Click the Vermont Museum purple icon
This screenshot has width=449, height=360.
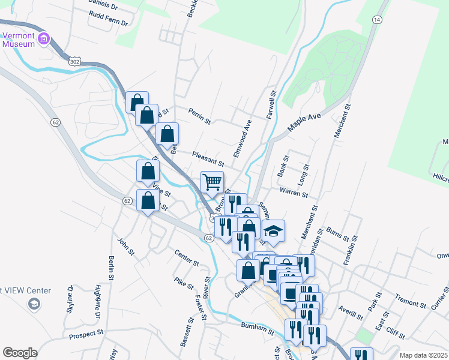click(x=43, y=40)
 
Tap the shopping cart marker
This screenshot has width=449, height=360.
click(x=211, y=181)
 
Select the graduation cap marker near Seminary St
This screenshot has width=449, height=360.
click(x=273, y=232)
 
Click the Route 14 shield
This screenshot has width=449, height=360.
click(x=376, y=20)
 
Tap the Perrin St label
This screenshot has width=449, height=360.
click(x=199, y=116)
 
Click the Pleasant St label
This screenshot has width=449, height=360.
click(x=208, y=158)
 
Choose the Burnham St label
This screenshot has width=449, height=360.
click(x=257, y=327)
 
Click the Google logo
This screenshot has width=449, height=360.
click(x=20, y=353)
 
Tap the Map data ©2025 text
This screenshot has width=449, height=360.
click(x=423, y=355)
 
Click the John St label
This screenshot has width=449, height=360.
click(x=125, y=246)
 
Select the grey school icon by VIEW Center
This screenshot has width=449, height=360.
click(x=34, y=304)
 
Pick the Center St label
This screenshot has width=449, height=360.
click(x=187, y=258)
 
